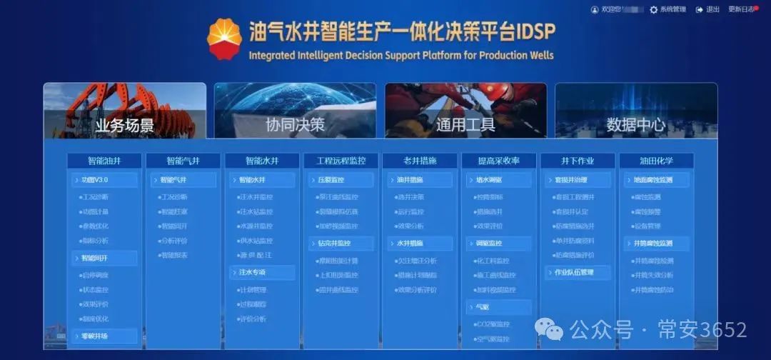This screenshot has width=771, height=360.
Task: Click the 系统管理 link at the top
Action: (667, 9)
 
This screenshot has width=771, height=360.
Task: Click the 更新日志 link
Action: (741, 9)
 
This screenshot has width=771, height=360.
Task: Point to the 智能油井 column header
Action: (104, 161)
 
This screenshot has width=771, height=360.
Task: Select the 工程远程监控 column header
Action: (341, 161)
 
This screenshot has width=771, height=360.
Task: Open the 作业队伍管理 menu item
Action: (578, 272)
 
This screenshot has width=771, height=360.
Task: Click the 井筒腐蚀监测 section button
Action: (657, 244)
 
